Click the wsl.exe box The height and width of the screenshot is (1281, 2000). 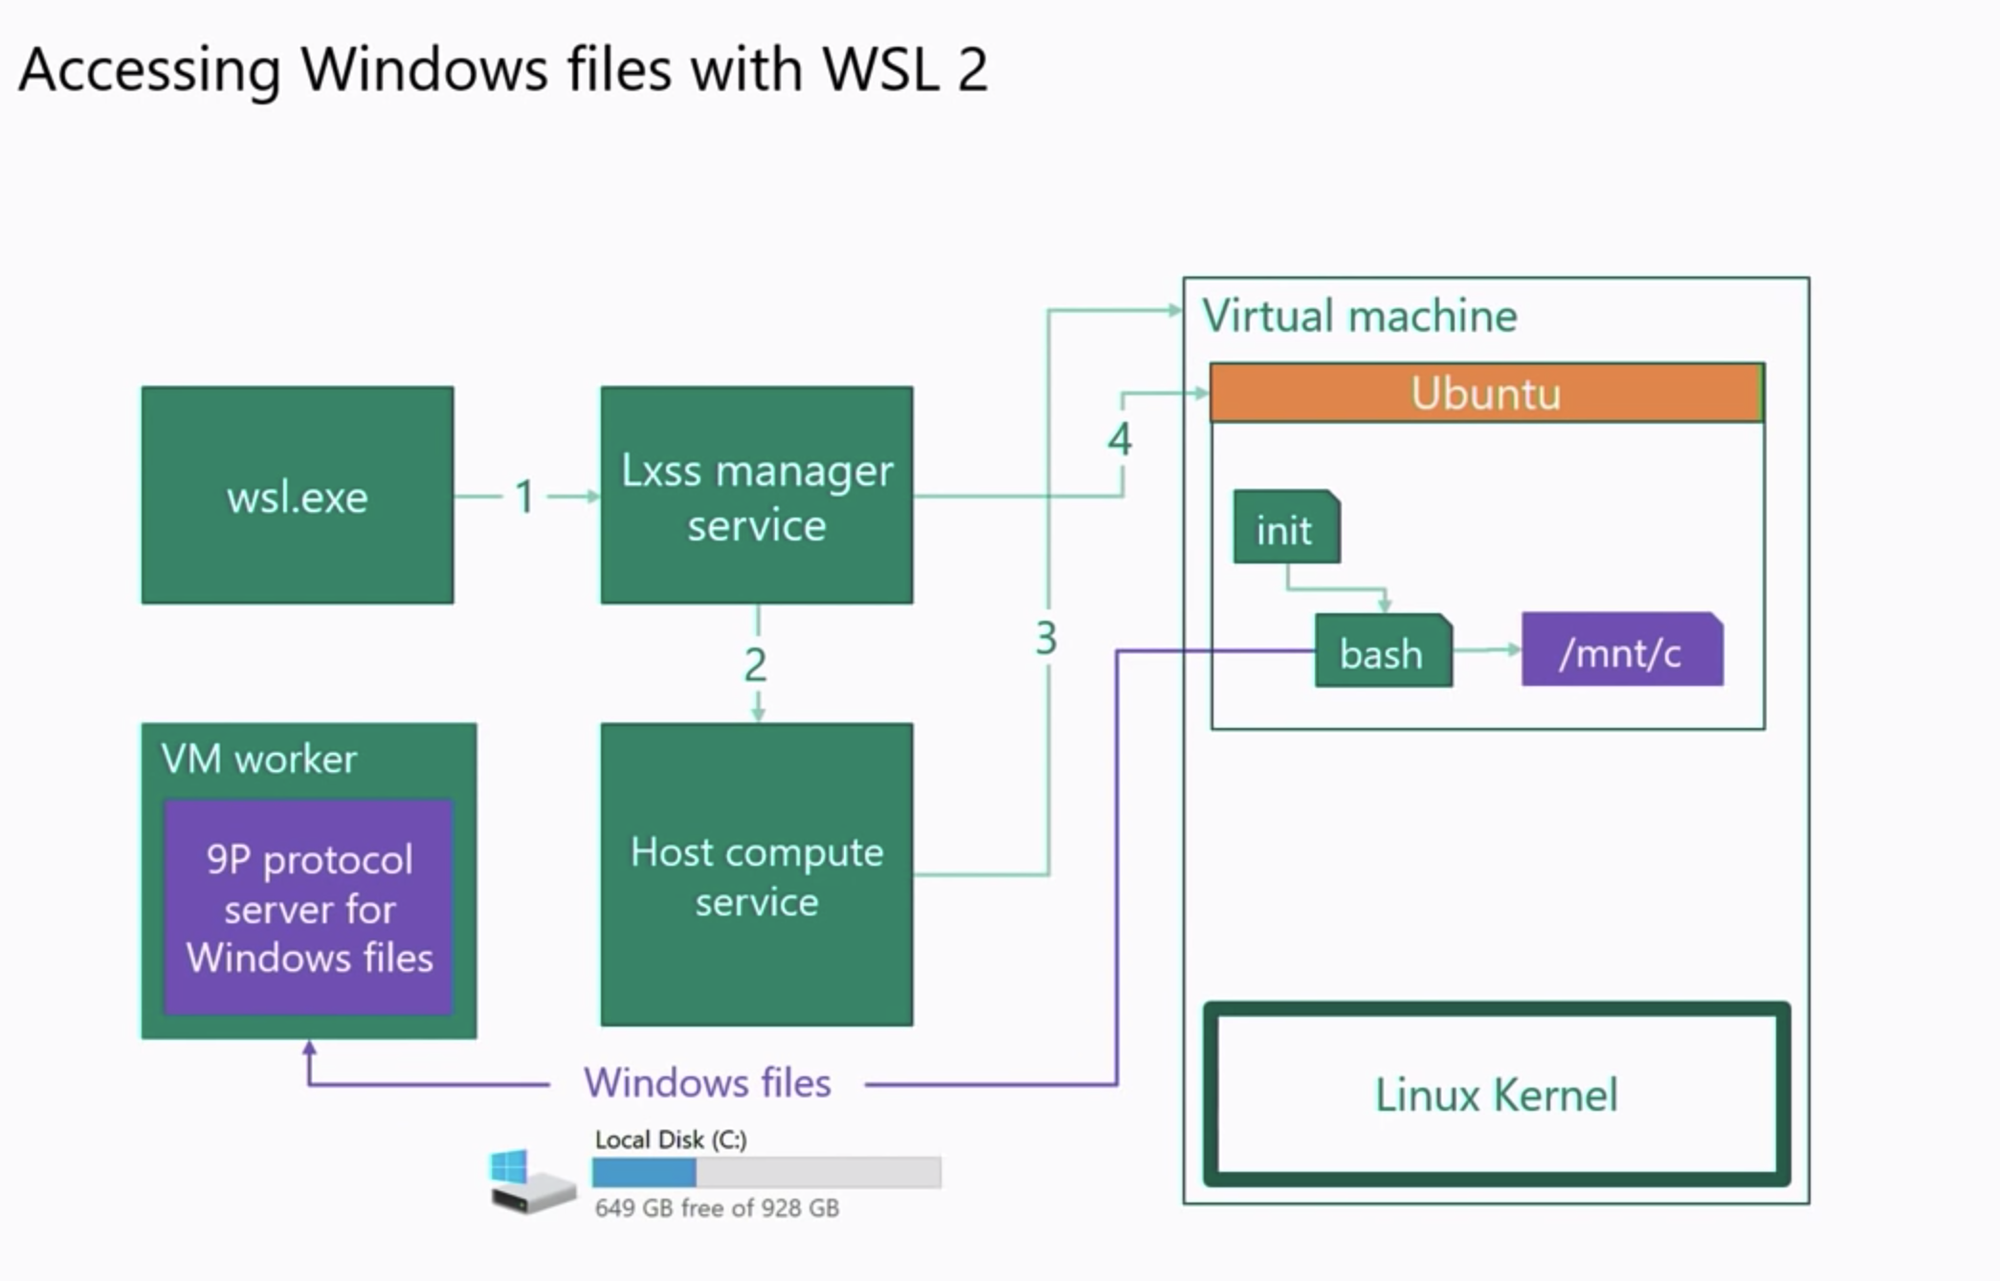297,496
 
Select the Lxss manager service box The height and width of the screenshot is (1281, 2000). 756,496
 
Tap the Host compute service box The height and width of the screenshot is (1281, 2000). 756,875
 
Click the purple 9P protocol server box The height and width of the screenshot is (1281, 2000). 308,907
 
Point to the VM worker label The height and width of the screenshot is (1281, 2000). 258,759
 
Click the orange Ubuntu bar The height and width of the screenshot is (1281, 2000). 1485,393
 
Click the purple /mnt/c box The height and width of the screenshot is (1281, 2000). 1621,652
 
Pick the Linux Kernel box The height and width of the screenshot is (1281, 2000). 1496,1094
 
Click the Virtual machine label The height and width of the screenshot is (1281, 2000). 1359,316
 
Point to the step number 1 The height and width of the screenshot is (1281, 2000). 524,497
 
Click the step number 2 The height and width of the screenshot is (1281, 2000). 756,665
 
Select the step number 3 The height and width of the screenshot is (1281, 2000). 1046,638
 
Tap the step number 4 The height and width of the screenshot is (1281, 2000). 1120,439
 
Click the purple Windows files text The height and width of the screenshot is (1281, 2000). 707,1083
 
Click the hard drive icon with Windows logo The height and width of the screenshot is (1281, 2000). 531,1182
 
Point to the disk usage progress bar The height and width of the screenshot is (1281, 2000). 766,1172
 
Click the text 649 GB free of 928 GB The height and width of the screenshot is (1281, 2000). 717,1208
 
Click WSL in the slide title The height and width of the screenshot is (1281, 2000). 880,69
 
